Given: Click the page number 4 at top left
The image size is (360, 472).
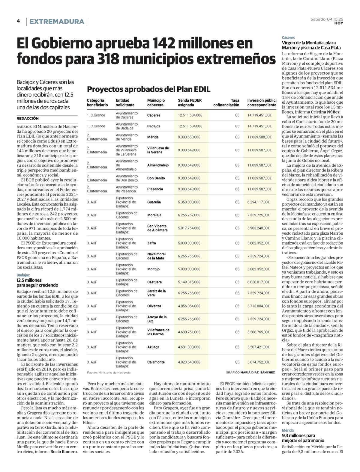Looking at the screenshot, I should click(x=18, y=21).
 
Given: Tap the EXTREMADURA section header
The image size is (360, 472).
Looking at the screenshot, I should click(x=57, y=22).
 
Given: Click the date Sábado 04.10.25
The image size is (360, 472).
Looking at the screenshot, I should click(x=327, y=19).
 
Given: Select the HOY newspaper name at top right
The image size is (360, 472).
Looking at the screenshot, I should click(x=339, y=23).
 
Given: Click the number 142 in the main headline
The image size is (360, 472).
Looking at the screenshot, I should click(x=165, y=44).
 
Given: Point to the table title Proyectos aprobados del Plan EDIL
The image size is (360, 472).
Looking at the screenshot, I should click(x=148, y=89).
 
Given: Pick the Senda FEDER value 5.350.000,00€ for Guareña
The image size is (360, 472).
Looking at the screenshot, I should click(x=190, y=202).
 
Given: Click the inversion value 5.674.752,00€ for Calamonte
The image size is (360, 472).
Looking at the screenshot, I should click(x=258, y=362).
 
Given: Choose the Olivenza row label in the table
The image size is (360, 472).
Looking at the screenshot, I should click(x=154, y=306).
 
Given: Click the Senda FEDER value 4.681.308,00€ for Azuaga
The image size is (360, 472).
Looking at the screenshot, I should click(x=190, y=347).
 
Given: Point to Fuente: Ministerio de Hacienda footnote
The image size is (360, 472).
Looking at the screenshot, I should click(x=109, y=373).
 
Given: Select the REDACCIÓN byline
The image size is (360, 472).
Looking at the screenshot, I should click(x=28, y=119).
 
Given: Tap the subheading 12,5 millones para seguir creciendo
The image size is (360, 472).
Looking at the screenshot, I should click(x=37, y=283).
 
